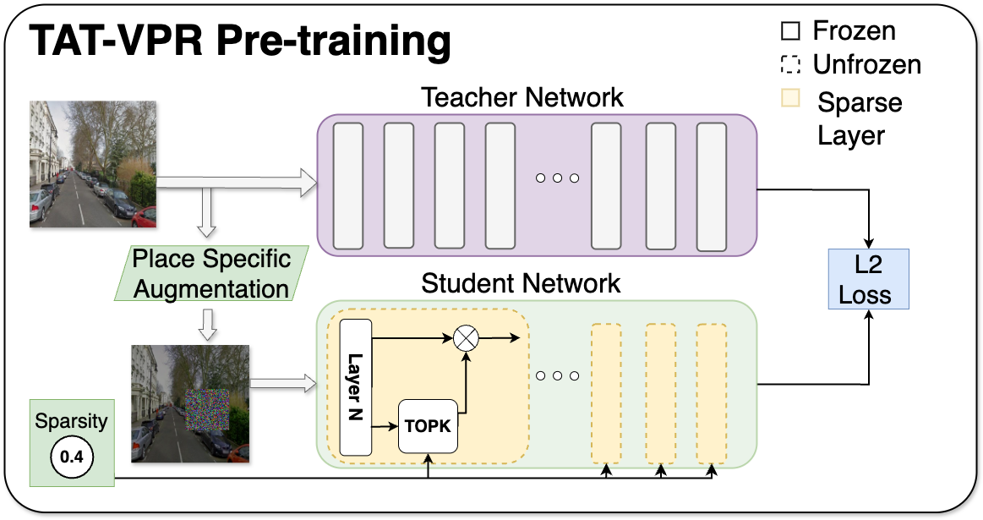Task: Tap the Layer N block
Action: [356, 387]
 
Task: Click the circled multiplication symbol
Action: [466, 338]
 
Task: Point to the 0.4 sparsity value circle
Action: [72, 457]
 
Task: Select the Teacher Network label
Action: [522, 96]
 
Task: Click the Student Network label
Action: [522, 282]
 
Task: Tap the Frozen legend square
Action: [789, 32]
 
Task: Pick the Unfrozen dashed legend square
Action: [789, 65]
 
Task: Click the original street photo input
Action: [93, 164]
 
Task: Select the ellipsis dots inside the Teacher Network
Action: [557, 178]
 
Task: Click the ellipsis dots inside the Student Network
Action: [557, 375]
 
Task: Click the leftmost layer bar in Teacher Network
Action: [348, 185]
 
